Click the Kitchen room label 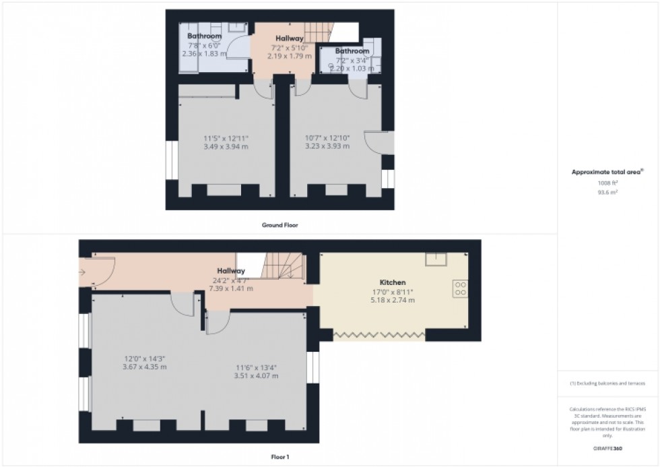coord(392,282)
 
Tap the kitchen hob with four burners coord(461,288)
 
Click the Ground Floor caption coord(280,225)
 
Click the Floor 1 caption coord(279,457)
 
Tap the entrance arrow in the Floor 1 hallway coord(83,272)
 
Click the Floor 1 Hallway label coord(230,271)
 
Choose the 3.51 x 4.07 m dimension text coord(257,376)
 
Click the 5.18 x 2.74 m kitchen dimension coord(392,300)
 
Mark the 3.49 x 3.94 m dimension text coord(226,146)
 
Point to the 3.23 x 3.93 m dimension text coord(327,146)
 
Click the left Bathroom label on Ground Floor coord(204,36)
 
